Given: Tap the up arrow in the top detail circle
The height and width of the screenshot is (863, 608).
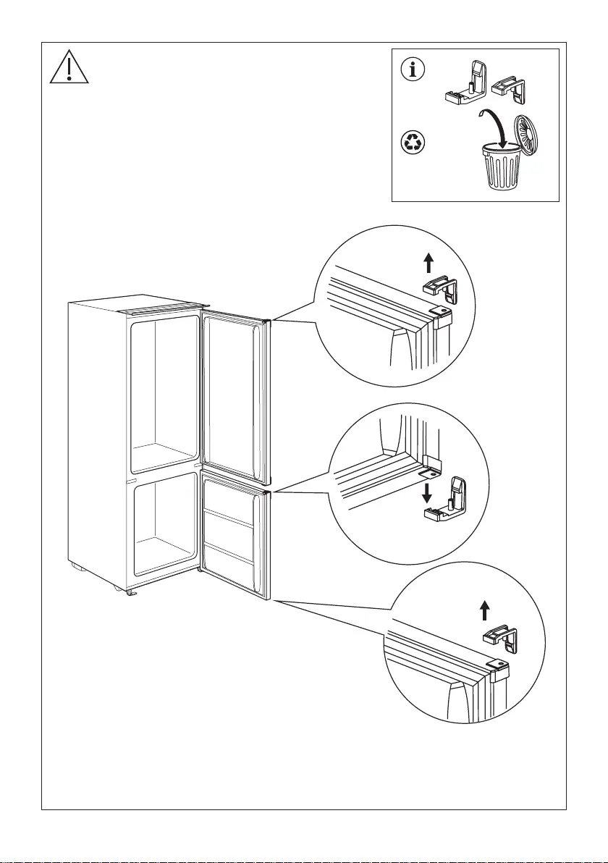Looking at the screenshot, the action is [428, 261].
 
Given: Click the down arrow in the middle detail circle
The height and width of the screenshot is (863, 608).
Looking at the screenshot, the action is [428, 493].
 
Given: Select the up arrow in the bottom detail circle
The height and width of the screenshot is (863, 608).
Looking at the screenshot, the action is [485, 610].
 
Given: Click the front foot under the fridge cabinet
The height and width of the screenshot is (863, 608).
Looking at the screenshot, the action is [132, 593].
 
